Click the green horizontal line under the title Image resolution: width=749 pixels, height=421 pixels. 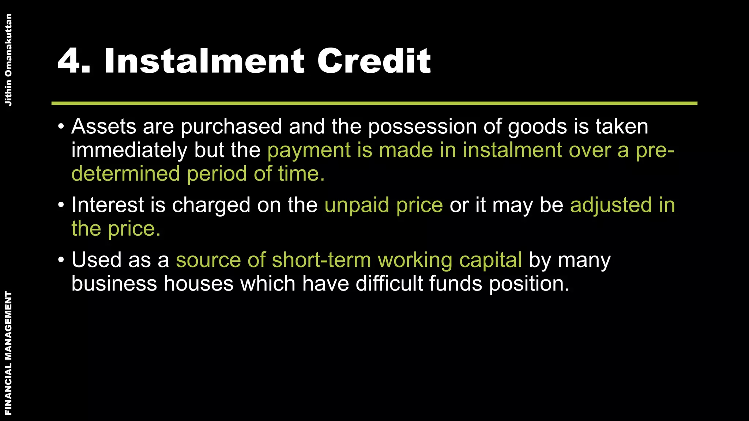tap(374, 103)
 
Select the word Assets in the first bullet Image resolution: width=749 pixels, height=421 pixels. tap(104, 126)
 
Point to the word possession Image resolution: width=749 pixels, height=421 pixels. tap(422, 127)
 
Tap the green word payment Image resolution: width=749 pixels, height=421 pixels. tap(309, 151)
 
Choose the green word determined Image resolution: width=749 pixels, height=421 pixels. tap(125, 174)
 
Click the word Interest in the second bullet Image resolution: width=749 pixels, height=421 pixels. tap(108, 205)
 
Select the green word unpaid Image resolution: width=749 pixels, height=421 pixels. tap(357, 205)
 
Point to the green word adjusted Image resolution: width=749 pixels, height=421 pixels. tap(611, 205)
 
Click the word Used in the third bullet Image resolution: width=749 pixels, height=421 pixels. tap(96, 260)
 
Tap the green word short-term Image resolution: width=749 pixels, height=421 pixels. tap(321, 260)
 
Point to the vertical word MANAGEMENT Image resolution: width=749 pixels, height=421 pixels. tap(8, 336)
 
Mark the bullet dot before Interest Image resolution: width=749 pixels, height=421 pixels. tap(61, 205)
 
